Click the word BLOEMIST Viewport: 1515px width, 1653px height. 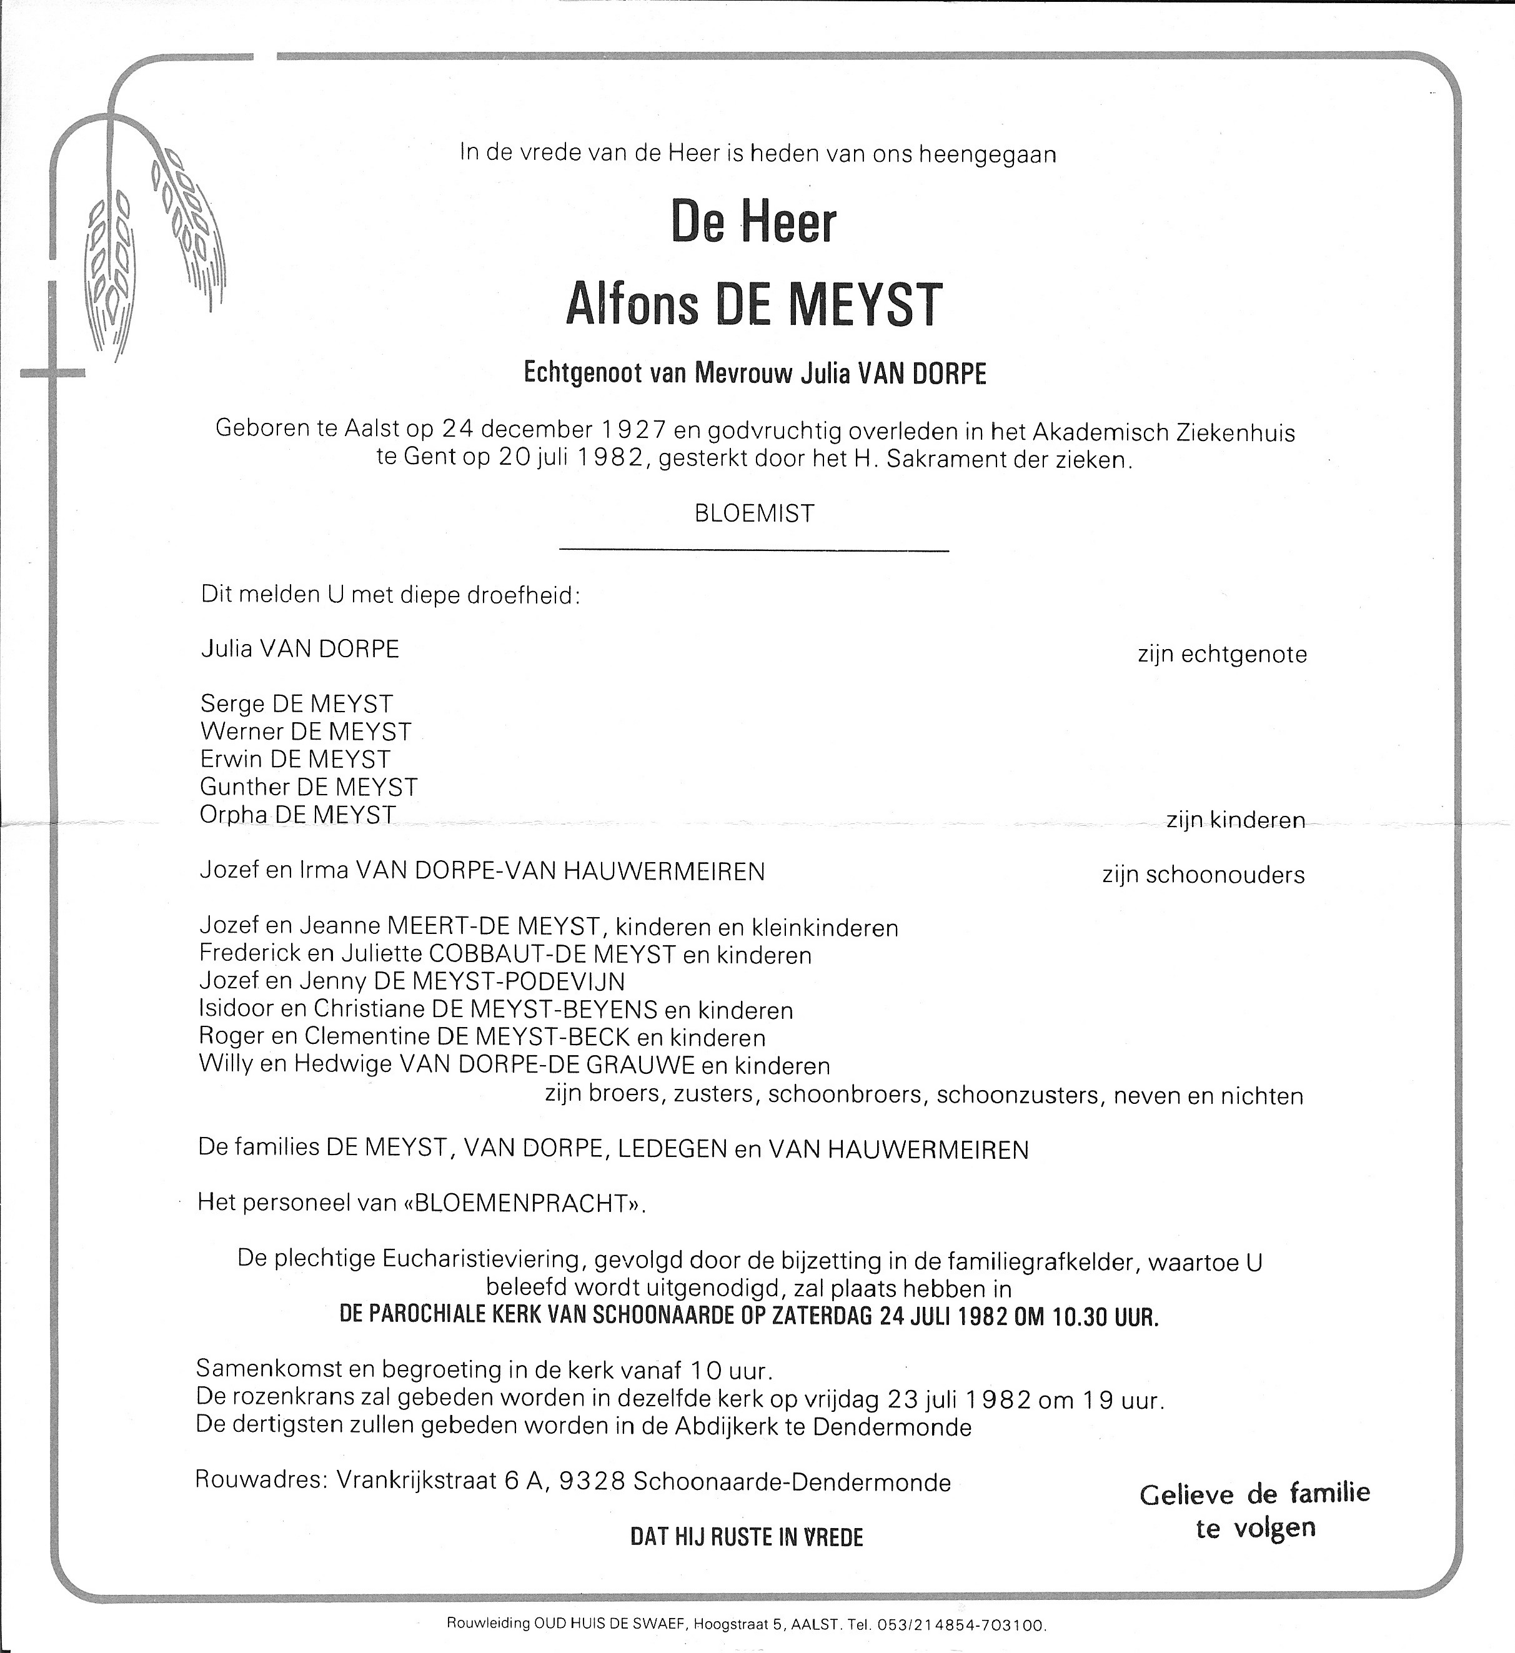[x=753, y=514]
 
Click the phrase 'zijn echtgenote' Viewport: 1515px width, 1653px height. [x=1221, y=654]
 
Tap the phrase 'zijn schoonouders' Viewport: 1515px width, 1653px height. [x=1203, y=875]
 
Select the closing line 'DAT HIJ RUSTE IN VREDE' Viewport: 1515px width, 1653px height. [x=746, y=1537]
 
